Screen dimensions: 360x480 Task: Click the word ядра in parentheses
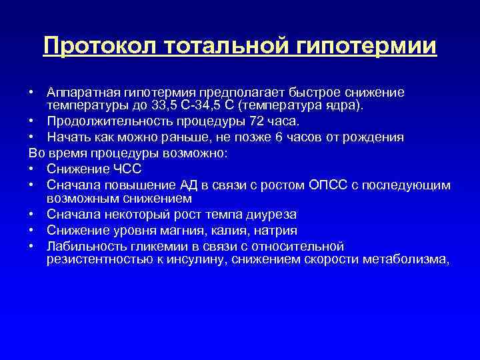pos(337,105)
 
